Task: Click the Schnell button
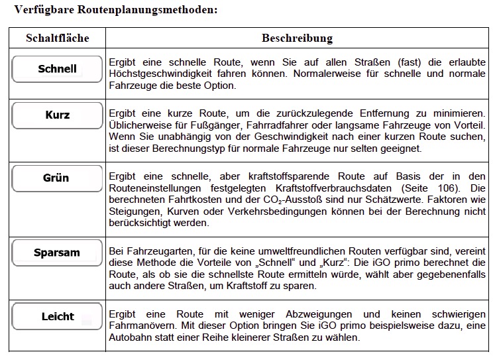[57, 69]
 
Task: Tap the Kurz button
[57, 115]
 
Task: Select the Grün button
[57, 178]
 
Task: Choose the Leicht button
[57, 316]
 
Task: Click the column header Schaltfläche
[57, 38]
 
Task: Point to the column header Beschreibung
[297, 38]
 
